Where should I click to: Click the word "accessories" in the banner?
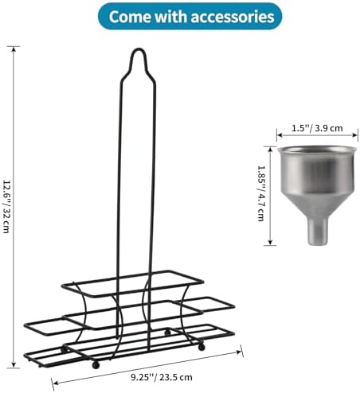(233, 17)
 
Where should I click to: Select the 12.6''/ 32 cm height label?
(6, 206)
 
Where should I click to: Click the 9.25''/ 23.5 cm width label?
(162, 377)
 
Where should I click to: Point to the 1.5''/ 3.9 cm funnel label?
(317, 128)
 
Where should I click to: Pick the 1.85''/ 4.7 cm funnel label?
(260, 193)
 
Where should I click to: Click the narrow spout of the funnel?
(317, 232)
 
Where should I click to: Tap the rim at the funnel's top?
(315, 150)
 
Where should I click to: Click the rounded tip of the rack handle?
(139, 49)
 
